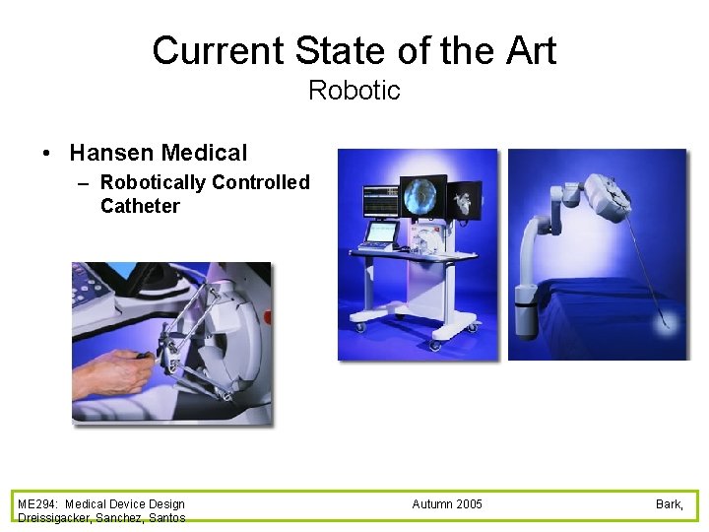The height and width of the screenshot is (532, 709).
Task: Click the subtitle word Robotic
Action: click(354, 91)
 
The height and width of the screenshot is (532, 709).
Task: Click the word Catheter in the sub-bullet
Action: click(140, 206)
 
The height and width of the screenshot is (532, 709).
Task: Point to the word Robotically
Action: click(153, 182)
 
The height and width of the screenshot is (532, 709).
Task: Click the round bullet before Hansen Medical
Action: click(46, 154)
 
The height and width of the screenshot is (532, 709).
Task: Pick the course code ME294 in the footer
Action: click(37, 504)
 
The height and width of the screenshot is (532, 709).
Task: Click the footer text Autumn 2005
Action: click(447, 504)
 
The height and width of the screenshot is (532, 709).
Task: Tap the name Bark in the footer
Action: click(669, 504)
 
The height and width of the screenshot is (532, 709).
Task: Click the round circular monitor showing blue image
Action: click(424, 197)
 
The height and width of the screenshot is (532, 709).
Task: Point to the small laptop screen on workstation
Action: click(381, 233)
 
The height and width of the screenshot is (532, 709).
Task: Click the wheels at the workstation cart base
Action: click(433, 345)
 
